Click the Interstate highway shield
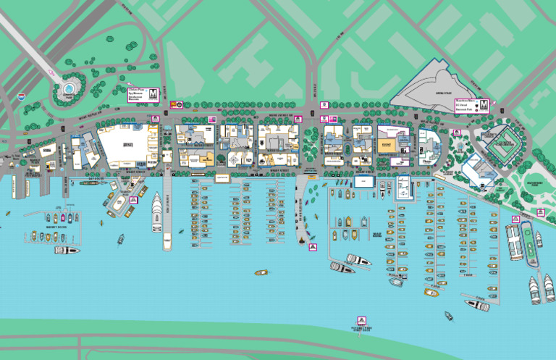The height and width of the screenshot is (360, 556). tap(21, 95)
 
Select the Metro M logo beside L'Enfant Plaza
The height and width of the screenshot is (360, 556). tap(153, 94)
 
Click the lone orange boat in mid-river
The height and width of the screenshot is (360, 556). tap(261, 272)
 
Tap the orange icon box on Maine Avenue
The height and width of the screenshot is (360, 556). tap(174, 104)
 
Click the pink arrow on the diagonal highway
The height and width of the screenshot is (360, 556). tap(51, 72)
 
